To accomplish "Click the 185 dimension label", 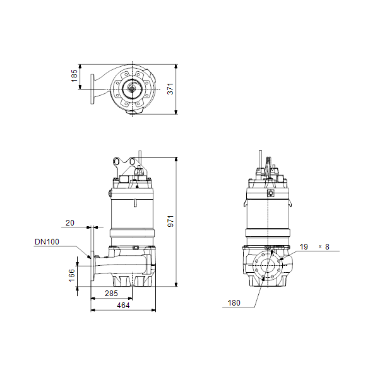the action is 74,76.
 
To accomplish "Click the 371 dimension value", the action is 170,89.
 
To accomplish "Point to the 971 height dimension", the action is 170,221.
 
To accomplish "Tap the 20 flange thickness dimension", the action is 70,223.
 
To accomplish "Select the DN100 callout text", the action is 47,241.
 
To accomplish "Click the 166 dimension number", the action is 72,275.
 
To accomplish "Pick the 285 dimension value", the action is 111,294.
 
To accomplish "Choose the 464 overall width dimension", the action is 123,306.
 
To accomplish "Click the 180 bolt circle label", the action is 234,303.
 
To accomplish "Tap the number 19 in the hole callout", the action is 304,247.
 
